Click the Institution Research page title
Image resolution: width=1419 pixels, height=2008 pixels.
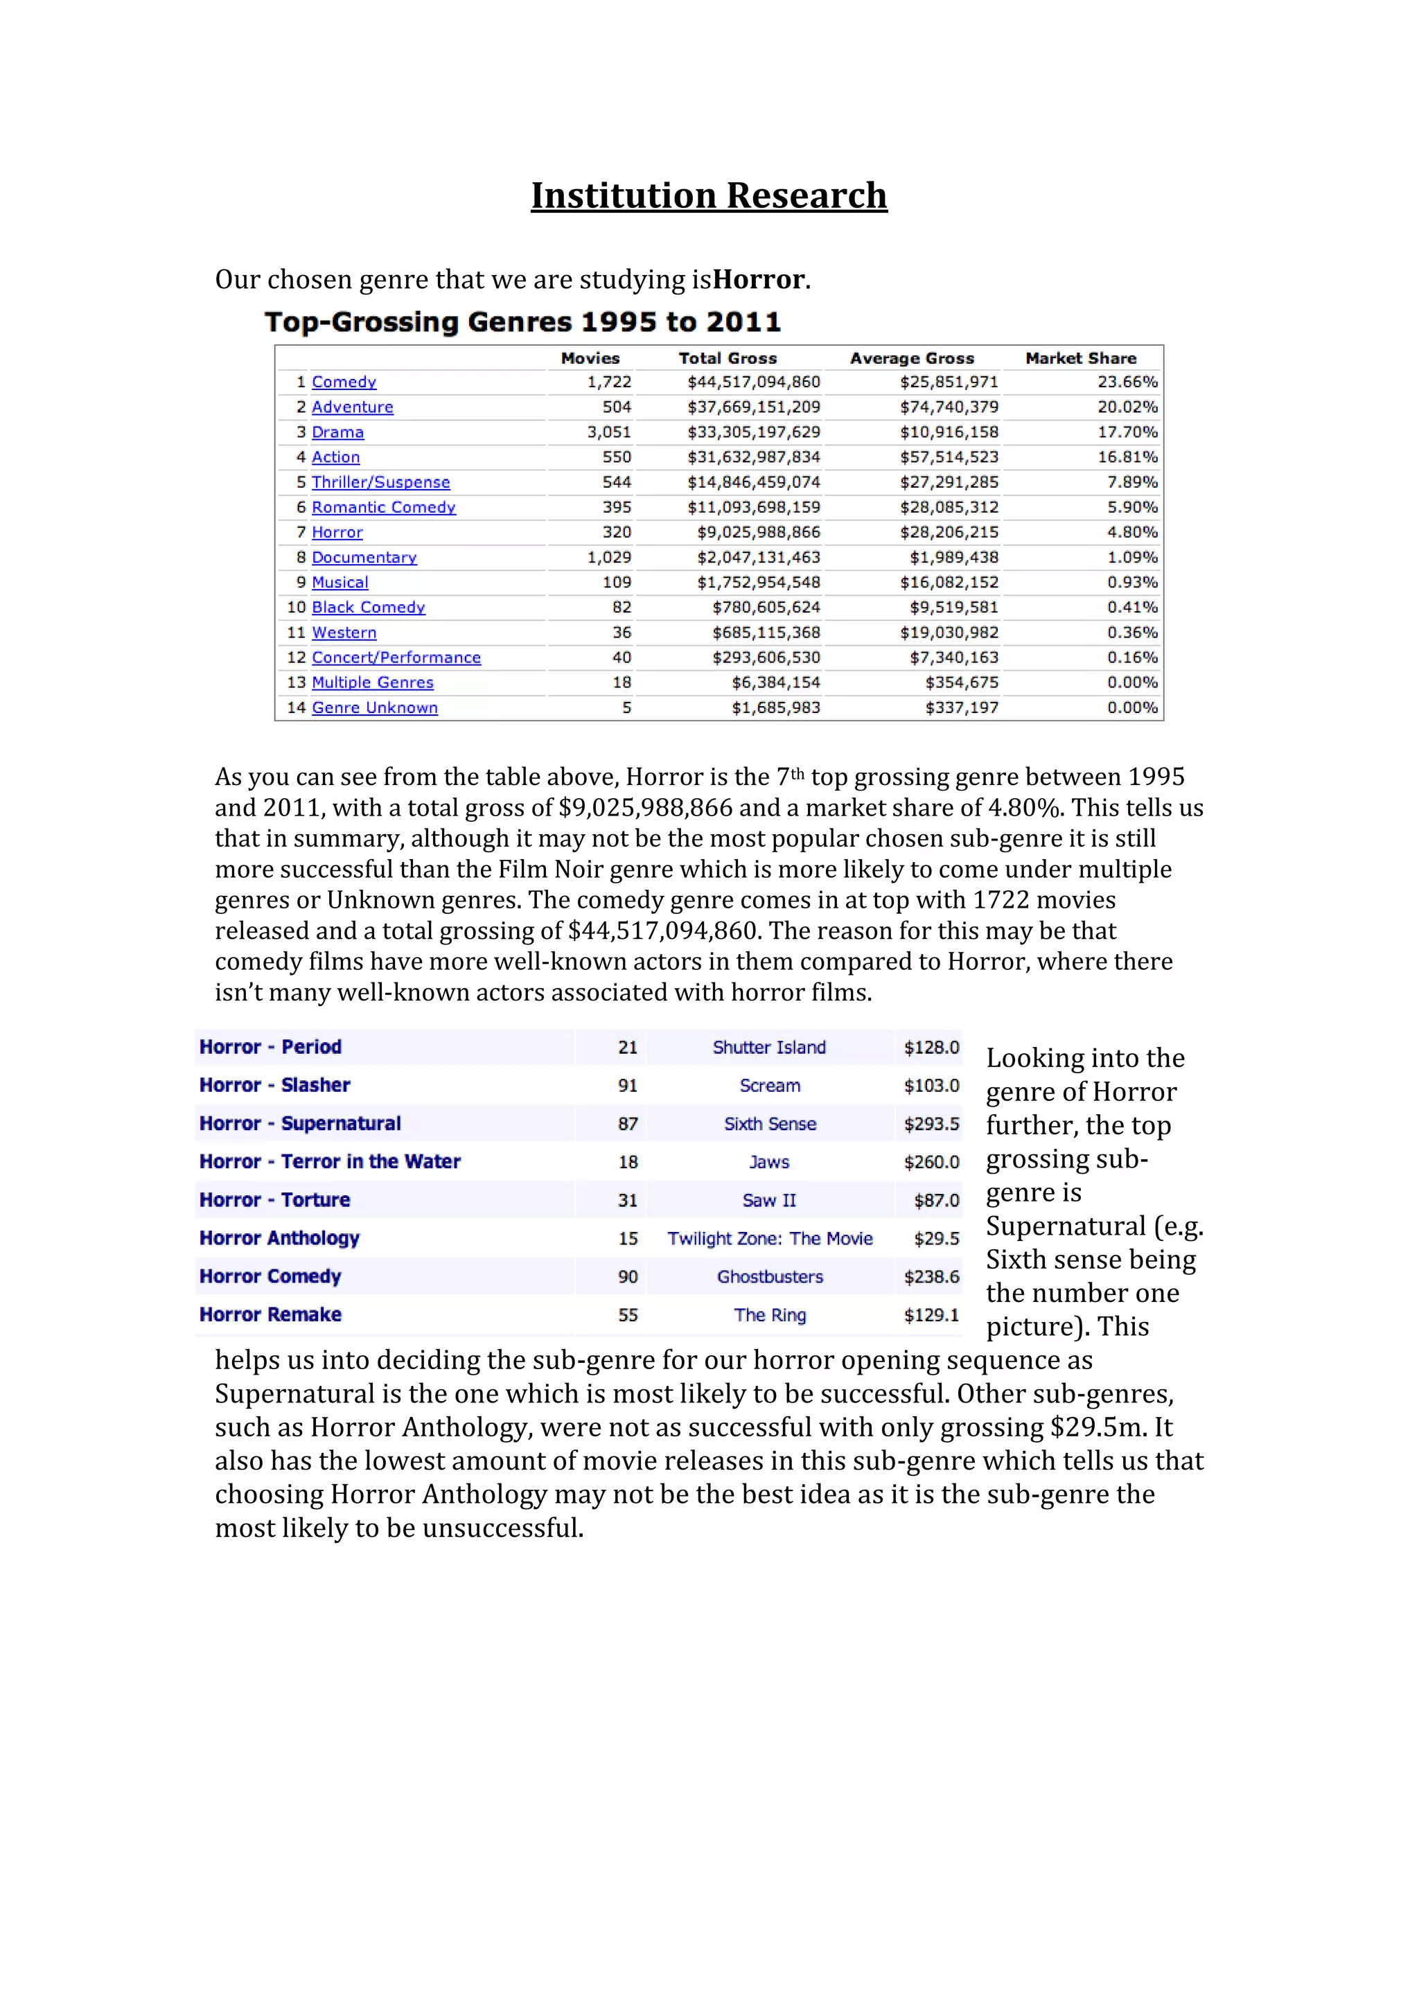click(708, 195)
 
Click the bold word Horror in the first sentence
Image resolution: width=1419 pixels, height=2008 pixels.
click(758, 279)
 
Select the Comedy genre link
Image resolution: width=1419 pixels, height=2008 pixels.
click(344, 382)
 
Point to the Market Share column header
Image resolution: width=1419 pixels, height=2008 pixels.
click(1081, 358)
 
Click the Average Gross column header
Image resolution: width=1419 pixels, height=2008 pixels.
click(911, 358)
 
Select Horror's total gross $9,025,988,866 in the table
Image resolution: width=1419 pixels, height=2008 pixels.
click(758, 531)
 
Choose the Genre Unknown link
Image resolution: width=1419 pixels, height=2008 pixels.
click(374, 707)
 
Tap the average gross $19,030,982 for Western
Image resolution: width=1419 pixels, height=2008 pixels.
click(949, 633)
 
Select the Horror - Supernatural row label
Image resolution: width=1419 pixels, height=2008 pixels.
click(300, 1123)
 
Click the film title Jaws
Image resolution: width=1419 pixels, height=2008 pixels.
click(768, 1161)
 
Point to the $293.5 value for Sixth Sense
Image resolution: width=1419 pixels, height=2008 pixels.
click(931, 1124)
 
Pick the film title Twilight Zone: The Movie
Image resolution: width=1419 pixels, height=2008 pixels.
click(769, 1238)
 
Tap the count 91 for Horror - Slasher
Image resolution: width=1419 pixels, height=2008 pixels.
click(627, 1085)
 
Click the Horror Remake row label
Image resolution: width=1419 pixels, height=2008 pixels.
click(270, 1314)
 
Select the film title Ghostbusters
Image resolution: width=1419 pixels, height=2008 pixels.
click(769, 1277)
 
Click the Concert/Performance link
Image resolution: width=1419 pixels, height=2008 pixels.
click(396, 658)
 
